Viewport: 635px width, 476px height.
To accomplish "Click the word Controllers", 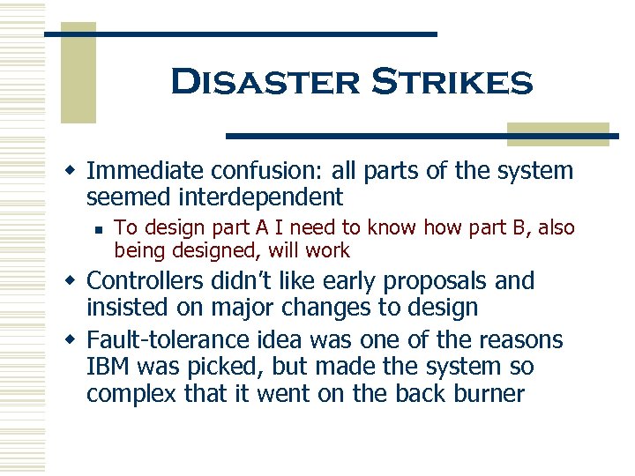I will click(x=149, y=281).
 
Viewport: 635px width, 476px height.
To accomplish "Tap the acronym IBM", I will click(x=110, y=366).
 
